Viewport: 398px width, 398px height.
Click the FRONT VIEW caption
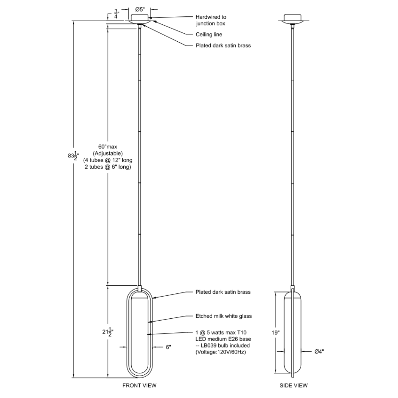pos(139,385)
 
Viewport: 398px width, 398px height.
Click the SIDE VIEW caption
pos(293,385)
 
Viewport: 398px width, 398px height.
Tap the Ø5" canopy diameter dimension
pos(140,10)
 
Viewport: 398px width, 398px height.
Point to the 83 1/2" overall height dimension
pos(72,155)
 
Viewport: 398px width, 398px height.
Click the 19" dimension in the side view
pos(275,332)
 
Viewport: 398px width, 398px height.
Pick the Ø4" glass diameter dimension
pos(319,352)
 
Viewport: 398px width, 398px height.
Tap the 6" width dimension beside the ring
pos(168,347)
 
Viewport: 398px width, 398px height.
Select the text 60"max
pos(107,146)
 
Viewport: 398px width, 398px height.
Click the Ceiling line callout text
pos(209,34)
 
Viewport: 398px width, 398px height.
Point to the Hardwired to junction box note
pos(211,20)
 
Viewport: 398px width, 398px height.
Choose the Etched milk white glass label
pos(223,316)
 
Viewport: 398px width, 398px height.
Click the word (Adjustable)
pos(107,153)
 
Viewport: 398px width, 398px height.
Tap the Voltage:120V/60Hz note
pos(220,352)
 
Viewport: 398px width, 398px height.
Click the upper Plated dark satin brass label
pos(223,45)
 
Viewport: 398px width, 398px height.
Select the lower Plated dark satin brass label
pos(223,292)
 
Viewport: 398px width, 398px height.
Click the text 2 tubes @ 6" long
pos(108,167)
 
